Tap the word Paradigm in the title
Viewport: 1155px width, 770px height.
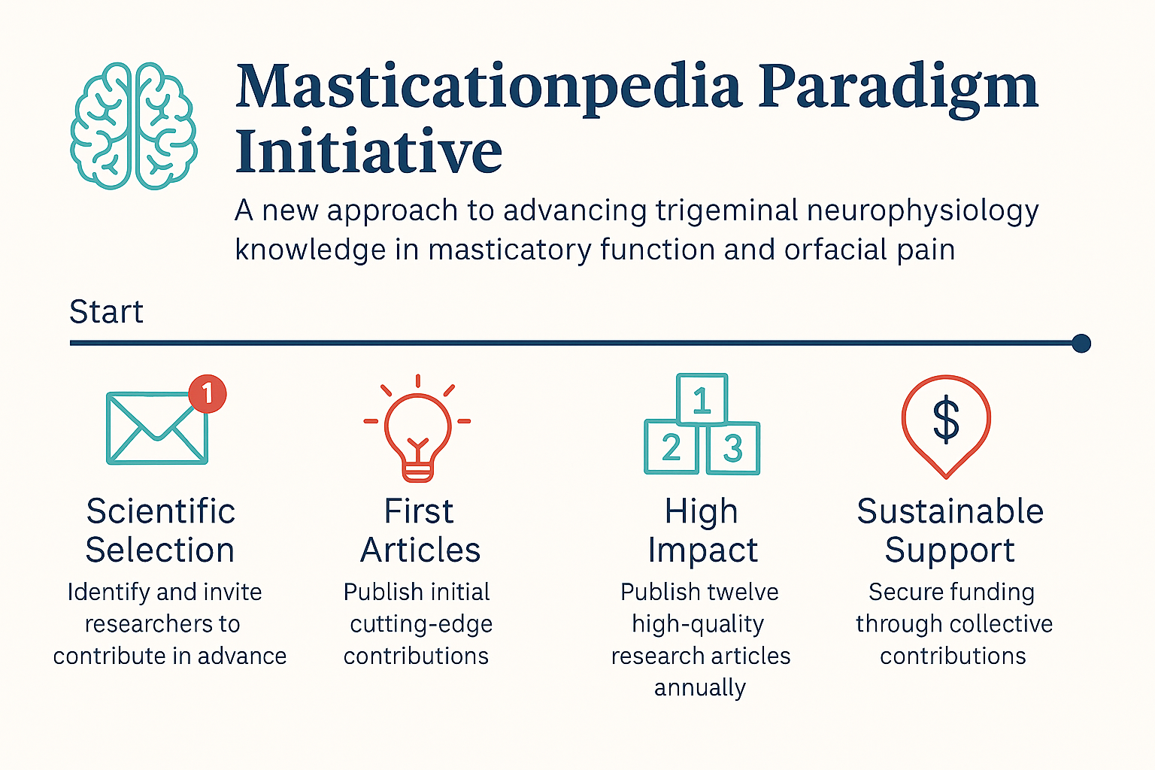tap(898, 88)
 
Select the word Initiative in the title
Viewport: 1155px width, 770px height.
tap(368, 150)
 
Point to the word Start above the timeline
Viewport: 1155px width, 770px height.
tap(106, 311)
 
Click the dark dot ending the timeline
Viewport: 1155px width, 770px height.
tap(1081, 343)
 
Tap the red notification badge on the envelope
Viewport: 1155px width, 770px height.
tap(208, 393)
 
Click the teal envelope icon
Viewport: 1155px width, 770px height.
tap(156, 428)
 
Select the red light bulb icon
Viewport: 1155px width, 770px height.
tap(417, 429)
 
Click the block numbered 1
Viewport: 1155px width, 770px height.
tap(702, 399)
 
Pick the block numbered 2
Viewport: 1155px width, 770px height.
tap(671, 447)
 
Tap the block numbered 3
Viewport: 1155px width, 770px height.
tap(732, 448)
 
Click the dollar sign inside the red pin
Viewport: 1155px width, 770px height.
tap(946, 420)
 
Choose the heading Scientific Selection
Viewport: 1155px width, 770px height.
tap(160, 530)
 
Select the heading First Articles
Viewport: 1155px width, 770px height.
tap(420, 530)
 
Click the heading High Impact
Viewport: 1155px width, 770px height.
tap(702, 531)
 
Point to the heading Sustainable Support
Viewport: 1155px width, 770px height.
tap(950, 531)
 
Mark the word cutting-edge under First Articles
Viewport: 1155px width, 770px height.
tap(421, 625)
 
